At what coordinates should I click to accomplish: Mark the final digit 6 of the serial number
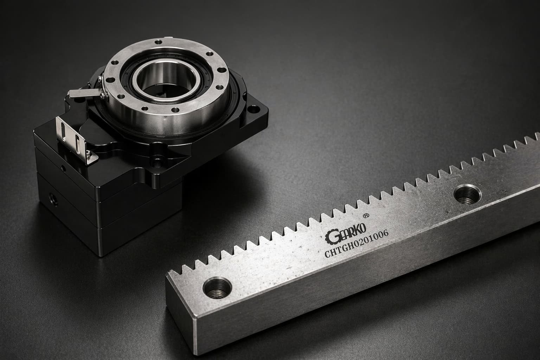click(385, 233)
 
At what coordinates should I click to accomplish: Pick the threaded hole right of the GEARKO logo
click(467, 194)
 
